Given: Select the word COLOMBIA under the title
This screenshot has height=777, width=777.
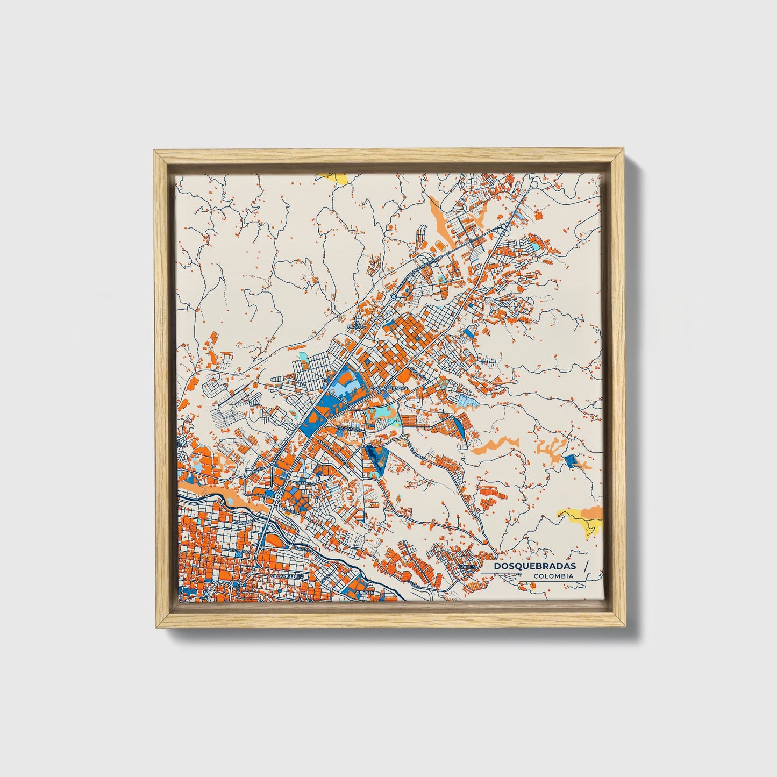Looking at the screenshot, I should point(553,576).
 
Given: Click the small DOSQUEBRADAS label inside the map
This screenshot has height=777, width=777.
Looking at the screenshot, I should point(389,387).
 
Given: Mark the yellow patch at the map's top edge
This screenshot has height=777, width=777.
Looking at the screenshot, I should point(332,177).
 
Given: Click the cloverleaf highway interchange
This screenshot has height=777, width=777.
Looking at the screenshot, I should point(504,231).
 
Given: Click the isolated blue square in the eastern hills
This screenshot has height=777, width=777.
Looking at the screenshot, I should point(570,460).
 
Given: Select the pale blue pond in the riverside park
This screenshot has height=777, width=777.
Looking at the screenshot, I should point(231,501).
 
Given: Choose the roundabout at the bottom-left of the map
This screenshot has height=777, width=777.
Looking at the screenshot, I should point(207,594).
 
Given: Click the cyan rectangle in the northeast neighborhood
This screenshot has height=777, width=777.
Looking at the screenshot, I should point(534,245).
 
